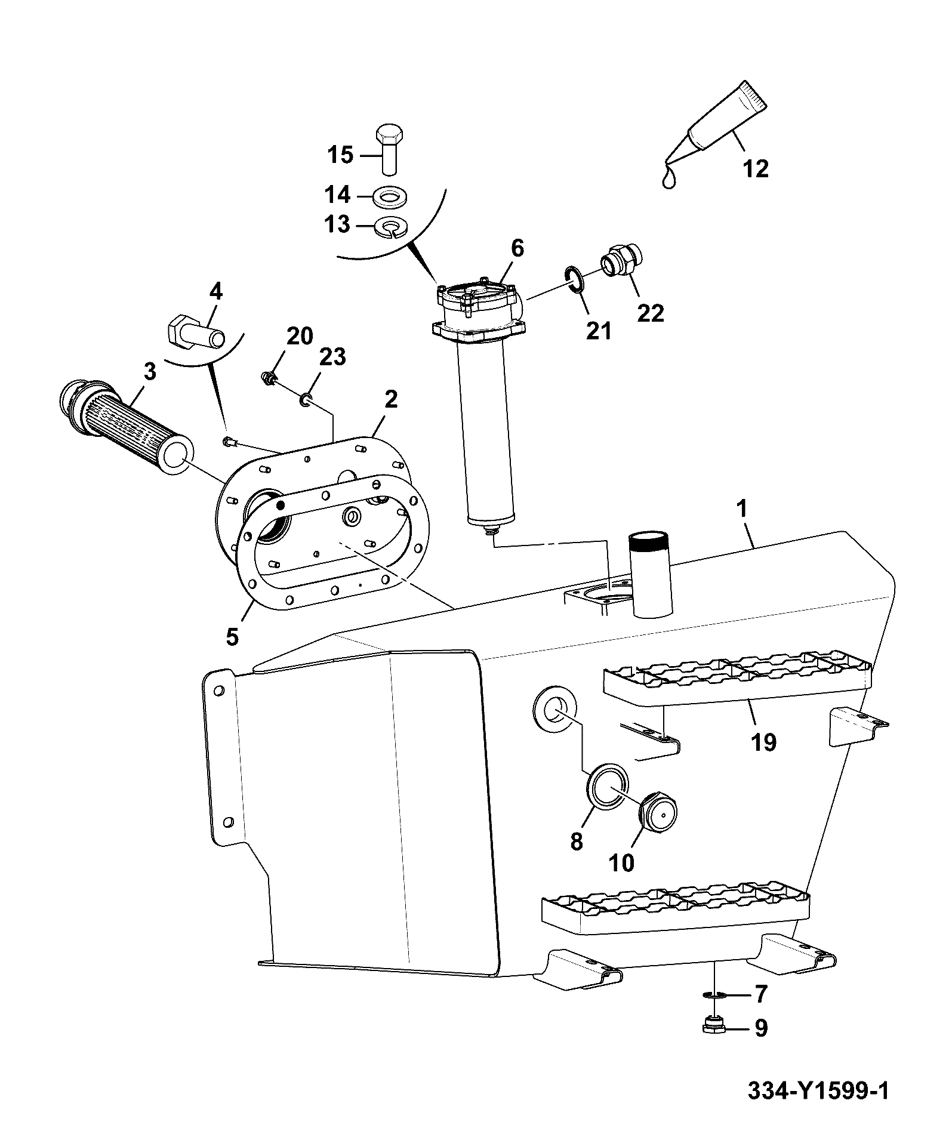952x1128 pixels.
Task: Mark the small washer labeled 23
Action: (x=306, y=399)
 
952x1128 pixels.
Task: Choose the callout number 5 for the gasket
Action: (x=232, y=637)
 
